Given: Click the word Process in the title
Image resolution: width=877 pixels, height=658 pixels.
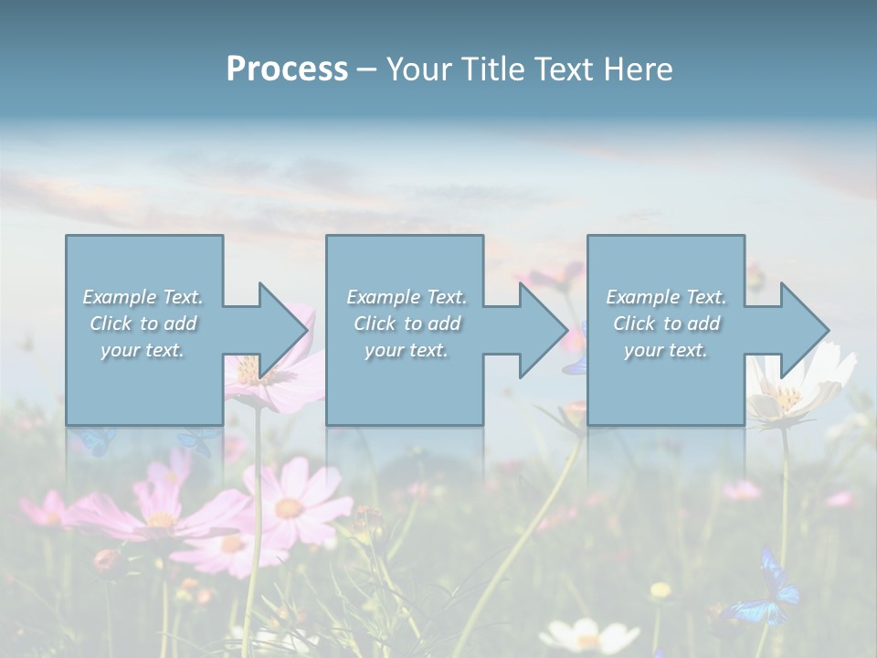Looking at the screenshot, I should tap(287, 69).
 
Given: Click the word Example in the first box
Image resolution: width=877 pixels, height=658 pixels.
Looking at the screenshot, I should tap(119, 297).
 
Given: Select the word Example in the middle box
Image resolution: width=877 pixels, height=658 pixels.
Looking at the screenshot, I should tap(383, 297).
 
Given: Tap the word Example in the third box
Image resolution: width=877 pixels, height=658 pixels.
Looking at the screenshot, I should tap(642, 297).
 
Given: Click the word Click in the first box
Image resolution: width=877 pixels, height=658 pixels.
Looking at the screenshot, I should tap(111, 324).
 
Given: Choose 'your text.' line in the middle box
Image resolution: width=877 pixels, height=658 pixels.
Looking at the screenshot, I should tap(406, 350).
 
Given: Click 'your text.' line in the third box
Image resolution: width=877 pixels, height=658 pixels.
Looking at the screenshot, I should tap(665, 350).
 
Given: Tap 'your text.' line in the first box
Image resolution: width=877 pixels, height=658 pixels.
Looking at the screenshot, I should tap(142, 350).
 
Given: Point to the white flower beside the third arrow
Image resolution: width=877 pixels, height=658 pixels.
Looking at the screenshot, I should tap(795, 388).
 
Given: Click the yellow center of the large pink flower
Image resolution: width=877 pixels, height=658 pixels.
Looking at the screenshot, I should tap(289, 508).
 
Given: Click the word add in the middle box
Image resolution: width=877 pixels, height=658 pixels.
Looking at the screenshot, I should tap(443, 324).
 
